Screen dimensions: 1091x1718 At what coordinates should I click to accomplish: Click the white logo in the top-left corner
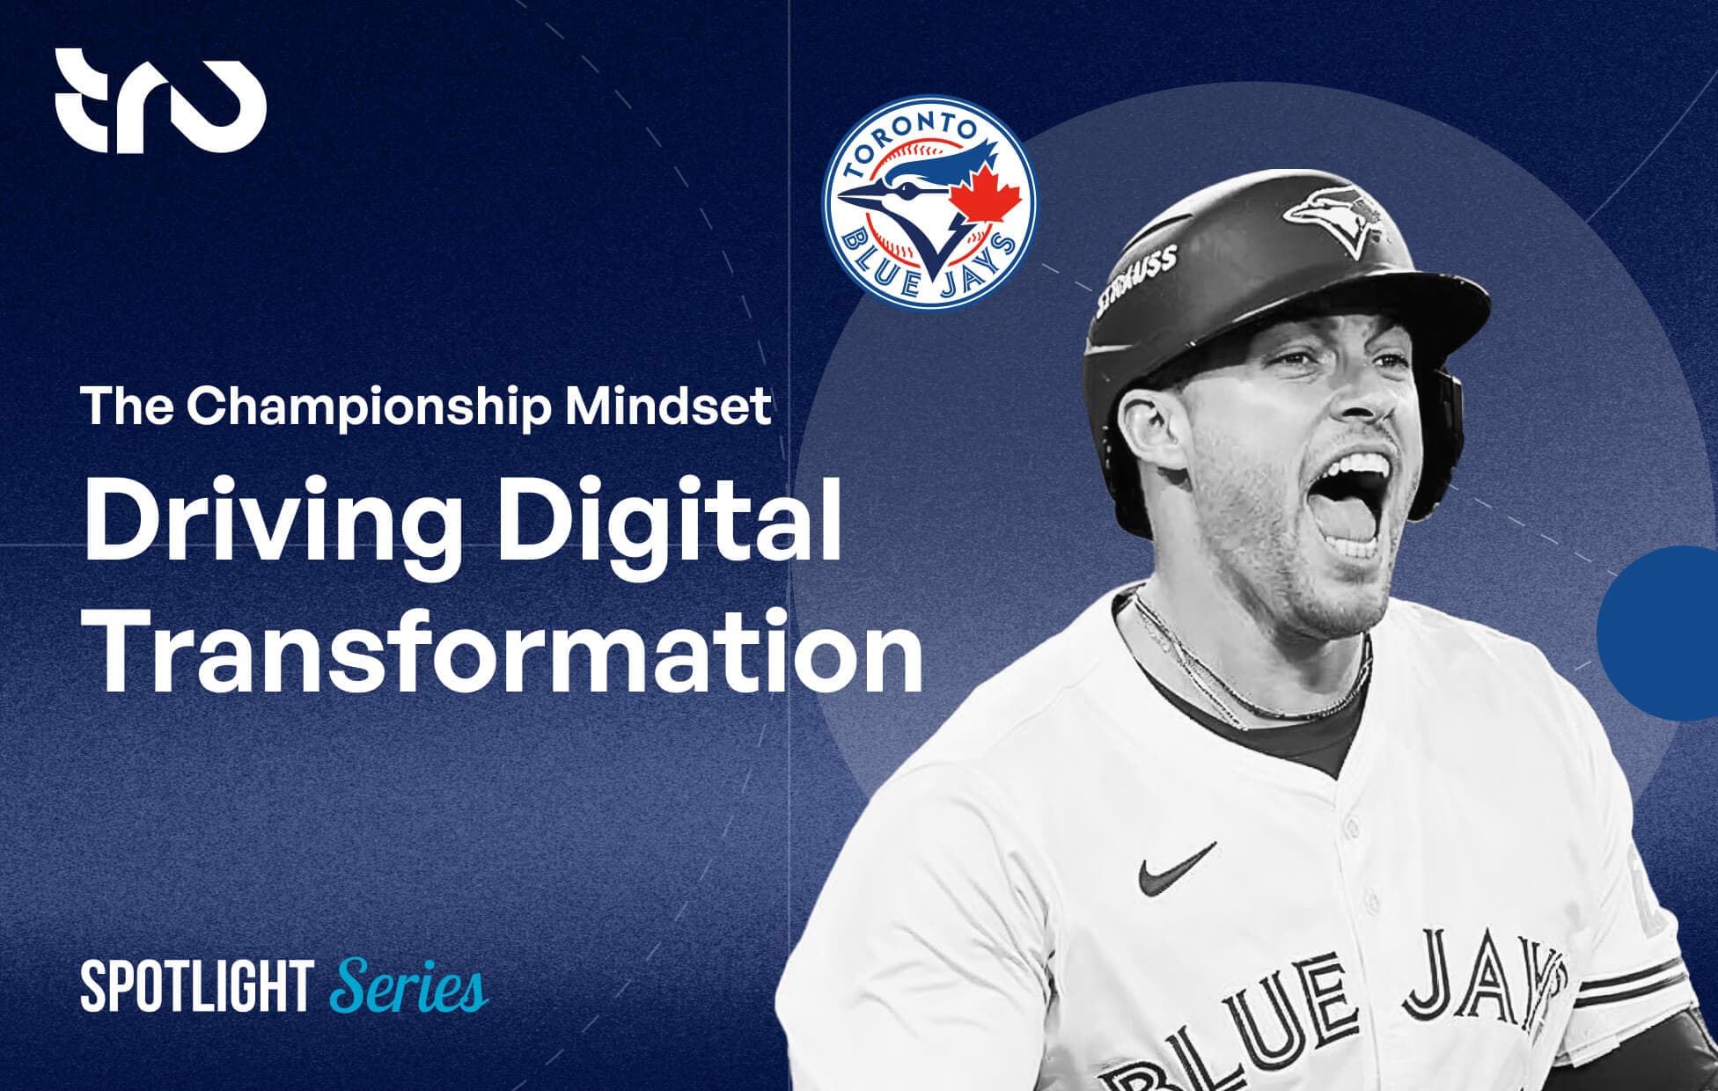tap(161, 102)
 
